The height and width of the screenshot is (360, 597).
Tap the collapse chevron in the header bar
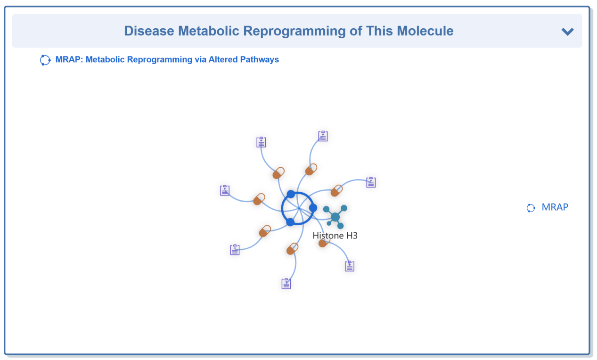[x=567, y=32]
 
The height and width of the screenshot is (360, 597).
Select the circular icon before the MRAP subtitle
[x=45, y=60]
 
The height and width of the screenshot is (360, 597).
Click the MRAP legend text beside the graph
[x=555, y=207]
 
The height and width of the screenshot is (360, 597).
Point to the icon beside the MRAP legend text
[x=531, y=208]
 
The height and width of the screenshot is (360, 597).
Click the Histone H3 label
[x=335, y=236]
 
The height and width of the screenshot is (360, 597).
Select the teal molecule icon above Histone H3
[x=335, y=217]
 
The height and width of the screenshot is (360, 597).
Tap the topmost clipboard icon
[x=323, y=136]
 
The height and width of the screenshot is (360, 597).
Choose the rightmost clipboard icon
[x=371, y=182]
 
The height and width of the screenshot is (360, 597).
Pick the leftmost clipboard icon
[x=225, y=190]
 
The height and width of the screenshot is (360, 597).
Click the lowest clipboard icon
[x=286, y=283]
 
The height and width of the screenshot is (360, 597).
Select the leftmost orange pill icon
[x=259, y=199]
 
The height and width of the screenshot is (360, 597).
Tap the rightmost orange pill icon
[x=336, y=190]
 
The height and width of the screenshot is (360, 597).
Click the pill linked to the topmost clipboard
[x=311, y=169]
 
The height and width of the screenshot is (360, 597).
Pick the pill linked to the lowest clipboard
[x=293, y=249]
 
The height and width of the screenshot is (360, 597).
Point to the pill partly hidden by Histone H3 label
[x=323, y=243]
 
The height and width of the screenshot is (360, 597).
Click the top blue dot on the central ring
[x=291, y=194]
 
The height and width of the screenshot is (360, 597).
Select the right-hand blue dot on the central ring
[x=313, y=208]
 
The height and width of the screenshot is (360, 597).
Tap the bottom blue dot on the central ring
[x=290, y=222]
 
